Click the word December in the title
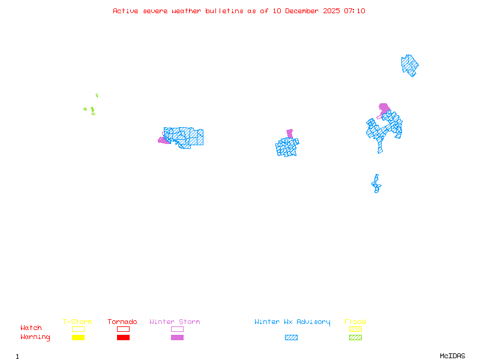coord(302,11)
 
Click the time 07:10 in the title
coord(355,11)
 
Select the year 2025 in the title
coord(332,11)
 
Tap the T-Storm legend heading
coord(77,322)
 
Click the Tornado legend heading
coord(122,322)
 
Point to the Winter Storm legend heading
coord(175,322)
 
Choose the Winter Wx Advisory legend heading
coord(292,322)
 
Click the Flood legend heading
coord(355,322)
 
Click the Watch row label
coord(31,328)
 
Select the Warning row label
coord(35,337)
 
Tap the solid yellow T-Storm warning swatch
coord(79,337)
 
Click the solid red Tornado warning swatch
coord(124,337)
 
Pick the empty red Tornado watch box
coord(124,329)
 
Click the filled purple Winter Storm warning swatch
coord(177,337)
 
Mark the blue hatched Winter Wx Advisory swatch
coord(291,337)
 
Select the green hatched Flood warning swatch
coord(355,337)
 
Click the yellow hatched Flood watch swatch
coord(355,329)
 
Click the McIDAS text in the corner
coord(452,356)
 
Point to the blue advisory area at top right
coord(410,65)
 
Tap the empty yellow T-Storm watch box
coord(79,329)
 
